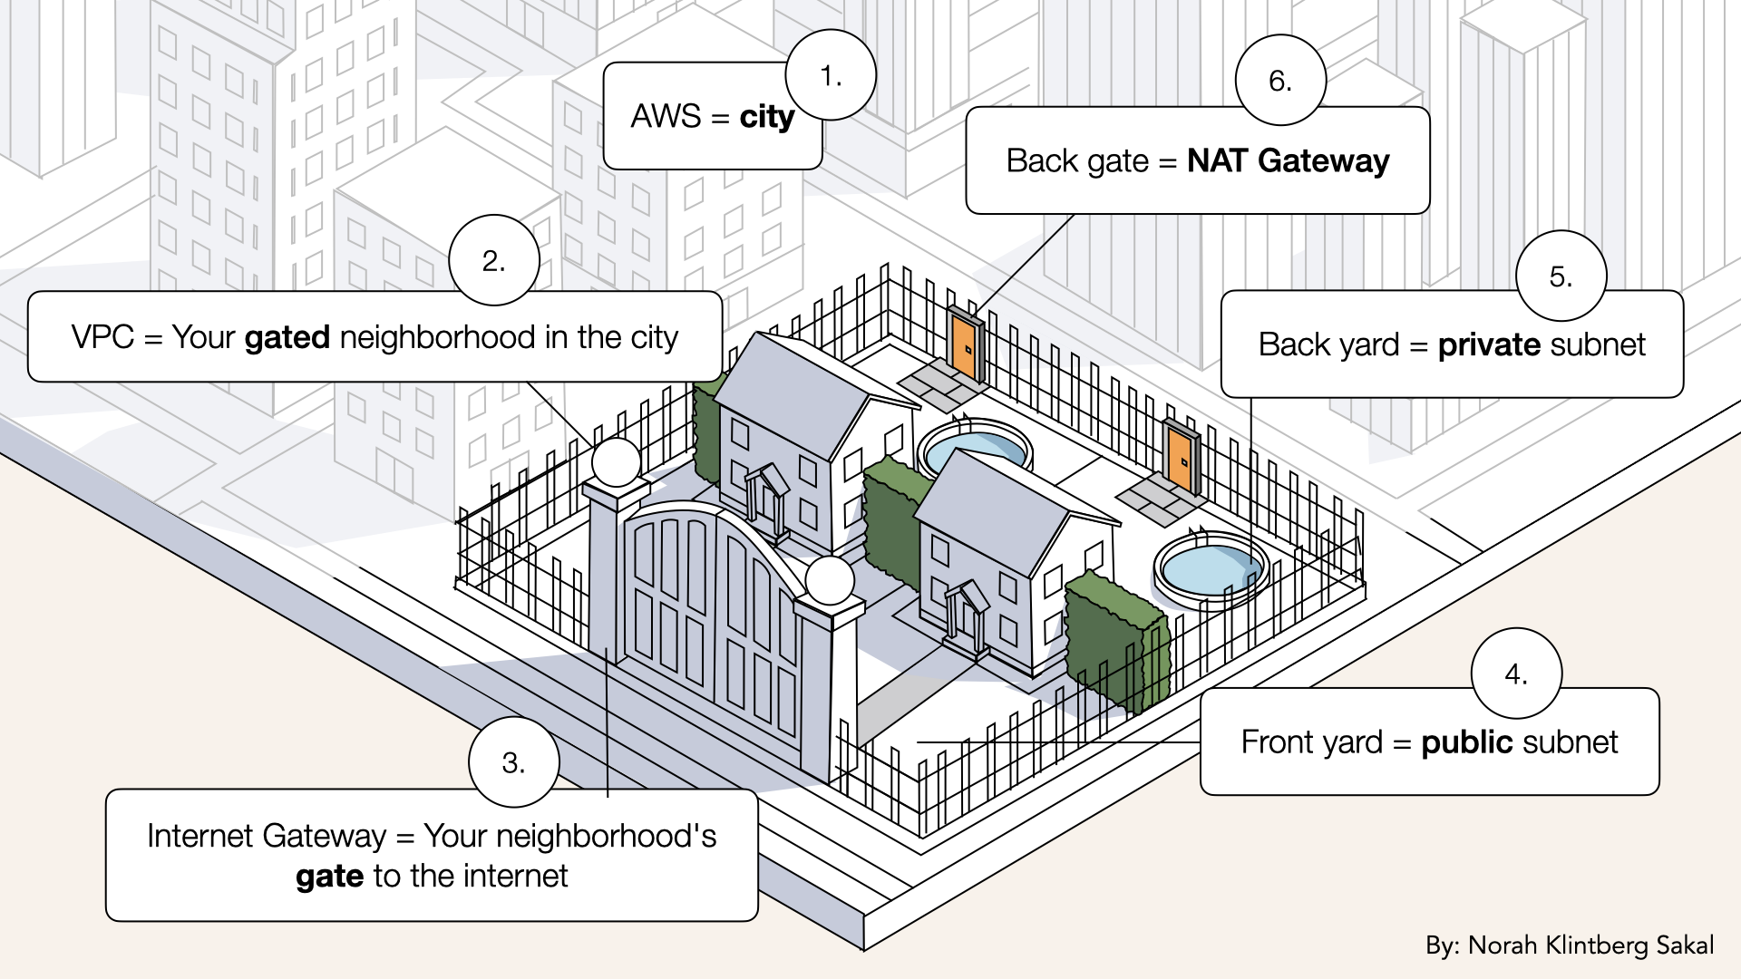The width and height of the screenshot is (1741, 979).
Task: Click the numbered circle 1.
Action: click(x=830, y=76)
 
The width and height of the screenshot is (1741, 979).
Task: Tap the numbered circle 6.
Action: click(x=1279, y=81)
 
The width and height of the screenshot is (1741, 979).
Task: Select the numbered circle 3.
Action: click(x=513, y=762)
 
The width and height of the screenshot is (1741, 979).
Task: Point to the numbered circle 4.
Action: click(x=1515, y=674)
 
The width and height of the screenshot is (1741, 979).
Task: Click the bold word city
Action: click(x=767, y=117)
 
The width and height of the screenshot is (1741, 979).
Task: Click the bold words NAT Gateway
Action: click(x=1288, y=161)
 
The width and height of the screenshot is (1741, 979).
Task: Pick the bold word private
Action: click(x=1489, y=345)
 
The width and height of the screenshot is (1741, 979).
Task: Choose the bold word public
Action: click(x=1467, y=742)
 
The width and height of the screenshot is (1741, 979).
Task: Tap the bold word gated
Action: click(x=287, y=338)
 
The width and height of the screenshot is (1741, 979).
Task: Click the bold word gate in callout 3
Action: click(x=329, y=877)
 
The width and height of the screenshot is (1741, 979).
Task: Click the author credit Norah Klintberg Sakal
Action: click(x=1590, y=945)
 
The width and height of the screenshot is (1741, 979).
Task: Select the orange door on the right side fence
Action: click(x=1180, y=460)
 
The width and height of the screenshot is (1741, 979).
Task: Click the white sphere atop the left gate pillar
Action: click(x=617, y=461)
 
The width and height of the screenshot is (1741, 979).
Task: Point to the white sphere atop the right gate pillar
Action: click(x=829, y=581)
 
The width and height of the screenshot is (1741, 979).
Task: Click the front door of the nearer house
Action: click(x=963, y=621)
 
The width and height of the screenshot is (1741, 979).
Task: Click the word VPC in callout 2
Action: click(x=102, y=338)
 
